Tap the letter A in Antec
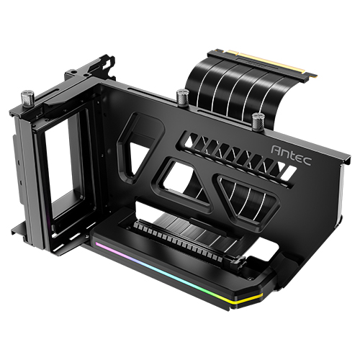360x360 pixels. tap(276, 149)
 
